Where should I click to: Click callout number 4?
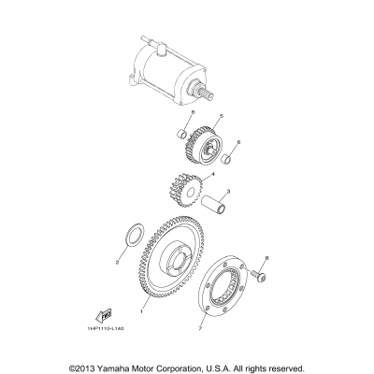(214, 175)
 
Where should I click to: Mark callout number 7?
(200, 328)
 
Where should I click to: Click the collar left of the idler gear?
(177, 138)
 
